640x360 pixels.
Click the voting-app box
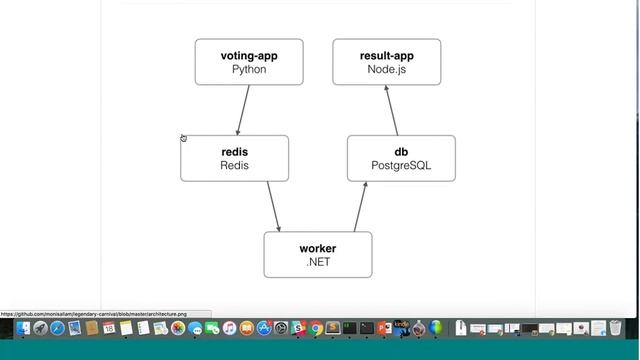coord(249,62)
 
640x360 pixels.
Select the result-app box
coord(386,62)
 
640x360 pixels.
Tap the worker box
coord(318,255)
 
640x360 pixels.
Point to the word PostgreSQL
coord(401,166)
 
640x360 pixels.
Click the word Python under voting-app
coord(249,70)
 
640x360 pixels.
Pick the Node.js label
coord(386,70)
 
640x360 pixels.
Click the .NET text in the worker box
coord(318,263)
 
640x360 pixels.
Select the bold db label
coord(401,152)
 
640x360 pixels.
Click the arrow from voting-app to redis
coord(243,110)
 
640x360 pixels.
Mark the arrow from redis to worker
coord(273,207)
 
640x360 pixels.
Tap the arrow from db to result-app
coord(391,110)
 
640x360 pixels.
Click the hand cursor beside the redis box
coord(184,138)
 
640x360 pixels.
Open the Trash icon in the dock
coord(614,328)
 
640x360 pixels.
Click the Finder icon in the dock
coord(22,328)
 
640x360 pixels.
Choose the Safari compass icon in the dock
coord(57,328)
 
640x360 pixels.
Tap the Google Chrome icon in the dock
coord(316,328)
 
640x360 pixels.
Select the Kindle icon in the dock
coord(400,328)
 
